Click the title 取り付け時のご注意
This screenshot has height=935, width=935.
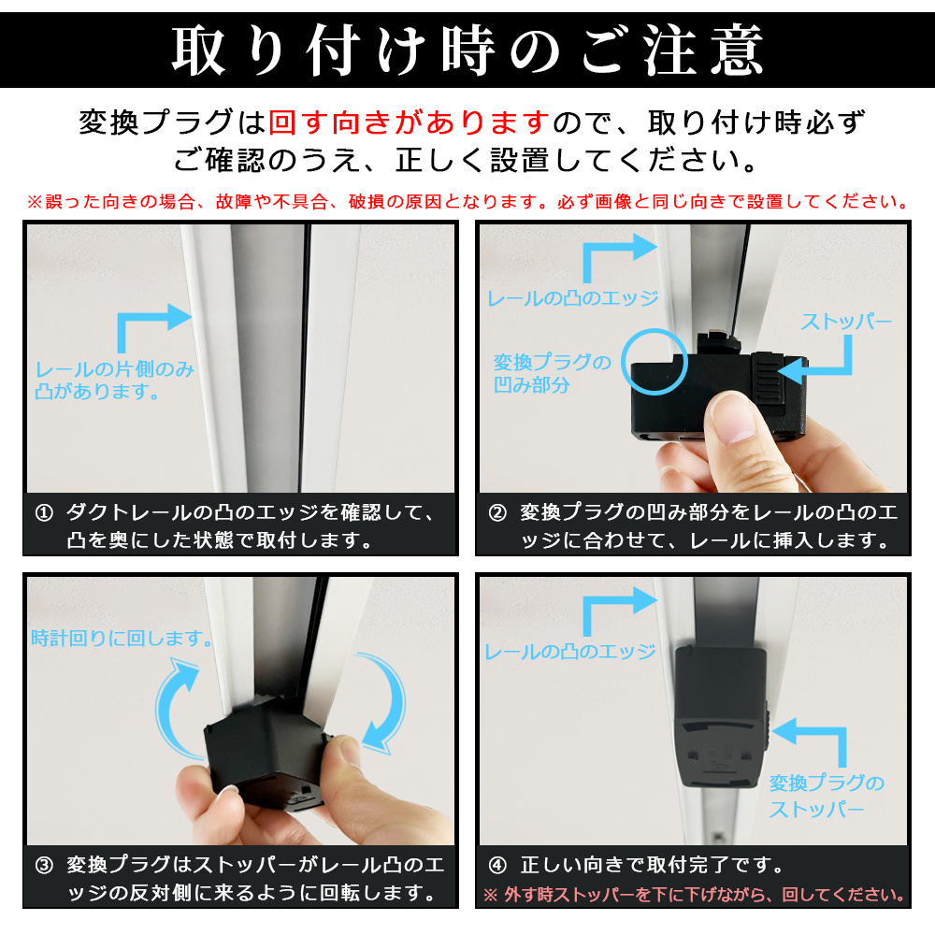coord(467,50)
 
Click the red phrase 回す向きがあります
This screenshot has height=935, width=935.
coord(409,122)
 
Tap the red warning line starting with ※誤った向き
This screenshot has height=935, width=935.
coord(467,202)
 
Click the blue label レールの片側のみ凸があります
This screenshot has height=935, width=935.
coord(114,380)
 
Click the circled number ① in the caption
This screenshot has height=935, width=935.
coord(44,512)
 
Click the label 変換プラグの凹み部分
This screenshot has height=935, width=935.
coord(552,373)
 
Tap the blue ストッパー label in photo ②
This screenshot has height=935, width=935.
coord(845,322)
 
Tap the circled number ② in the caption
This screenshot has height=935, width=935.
coord(497,512)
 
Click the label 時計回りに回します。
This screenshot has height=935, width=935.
coord(122,638)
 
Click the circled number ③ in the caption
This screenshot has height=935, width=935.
coord(44,865)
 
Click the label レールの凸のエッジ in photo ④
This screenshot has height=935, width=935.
coord(570,652)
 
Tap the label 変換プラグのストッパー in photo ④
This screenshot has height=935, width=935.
coord(826,796)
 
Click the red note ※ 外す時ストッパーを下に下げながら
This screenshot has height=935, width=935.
coord(694,895)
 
